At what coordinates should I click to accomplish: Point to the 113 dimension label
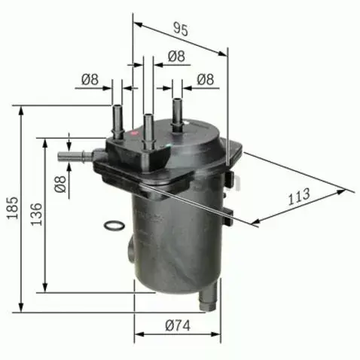pyautogui.click(x=300, y=197)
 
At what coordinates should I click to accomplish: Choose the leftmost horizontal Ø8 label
pyautogui.click(x=90, y=78)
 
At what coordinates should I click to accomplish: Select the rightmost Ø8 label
pyautogui.click(x=206, y=78)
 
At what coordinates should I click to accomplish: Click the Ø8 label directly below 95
pyautogui.click(x=176, y=56)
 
